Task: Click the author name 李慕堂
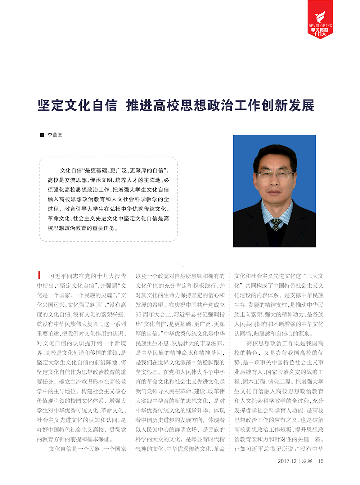coord(55,135)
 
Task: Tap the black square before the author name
coord(42,135)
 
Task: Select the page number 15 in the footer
coord(320,461)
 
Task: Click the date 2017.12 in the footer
coord(287,461)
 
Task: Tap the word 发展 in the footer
coord(307,461)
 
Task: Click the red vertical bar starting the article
coord(39,275)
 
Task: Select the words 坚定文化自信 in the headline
coord(77,105)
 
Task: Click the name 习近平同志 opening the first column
coord(65,276)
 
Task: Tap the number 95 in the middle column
coord(139,314)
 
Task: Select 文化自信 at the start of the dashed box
coord(71,171)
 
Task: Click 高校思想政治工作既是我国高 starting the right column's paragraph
coord(285,343)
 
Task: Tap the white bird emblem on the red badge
coord(320,17)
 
